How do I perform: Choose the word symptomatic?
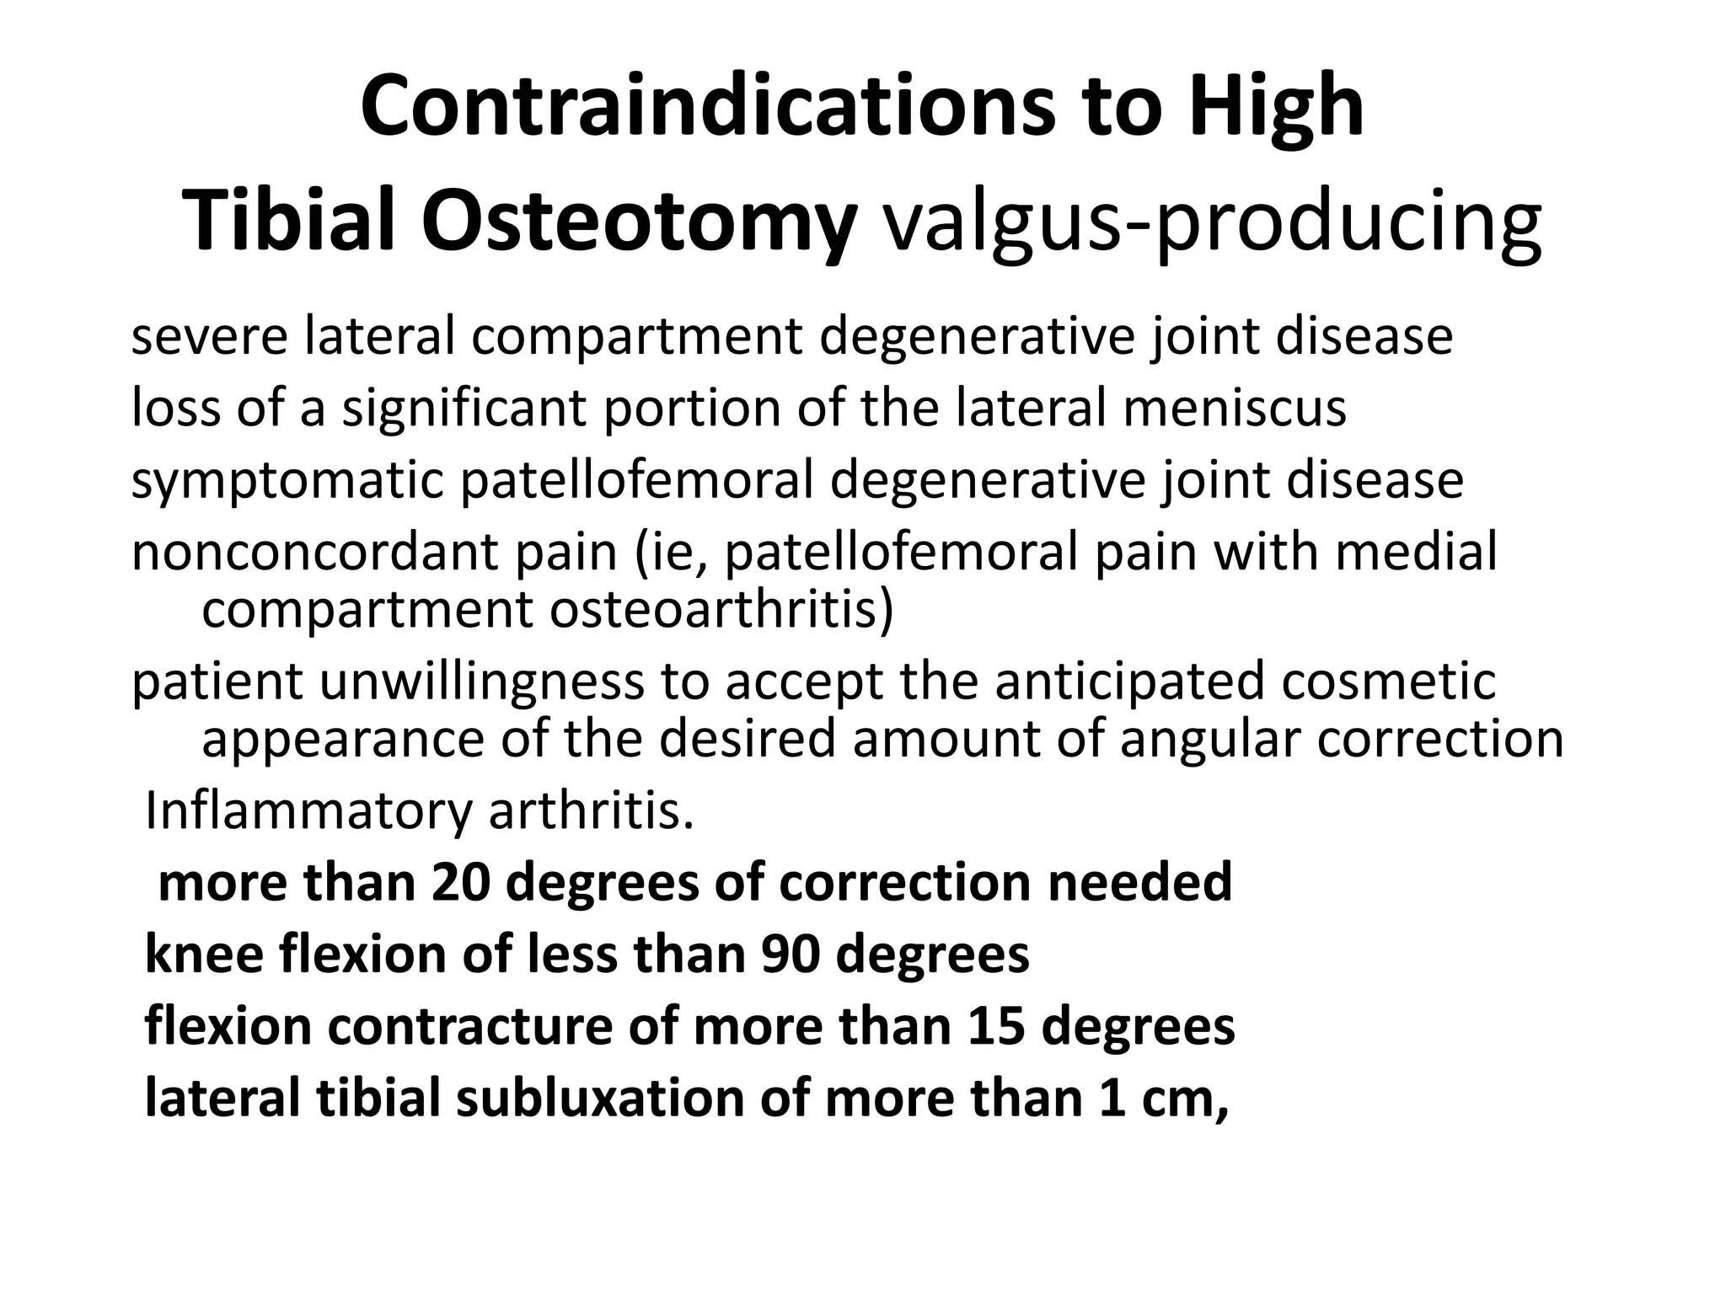[x=287, y=480]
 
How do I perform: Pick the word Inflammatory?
[x=308, y=811]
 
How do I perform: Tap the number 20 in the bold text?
[x=460, y=883]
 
